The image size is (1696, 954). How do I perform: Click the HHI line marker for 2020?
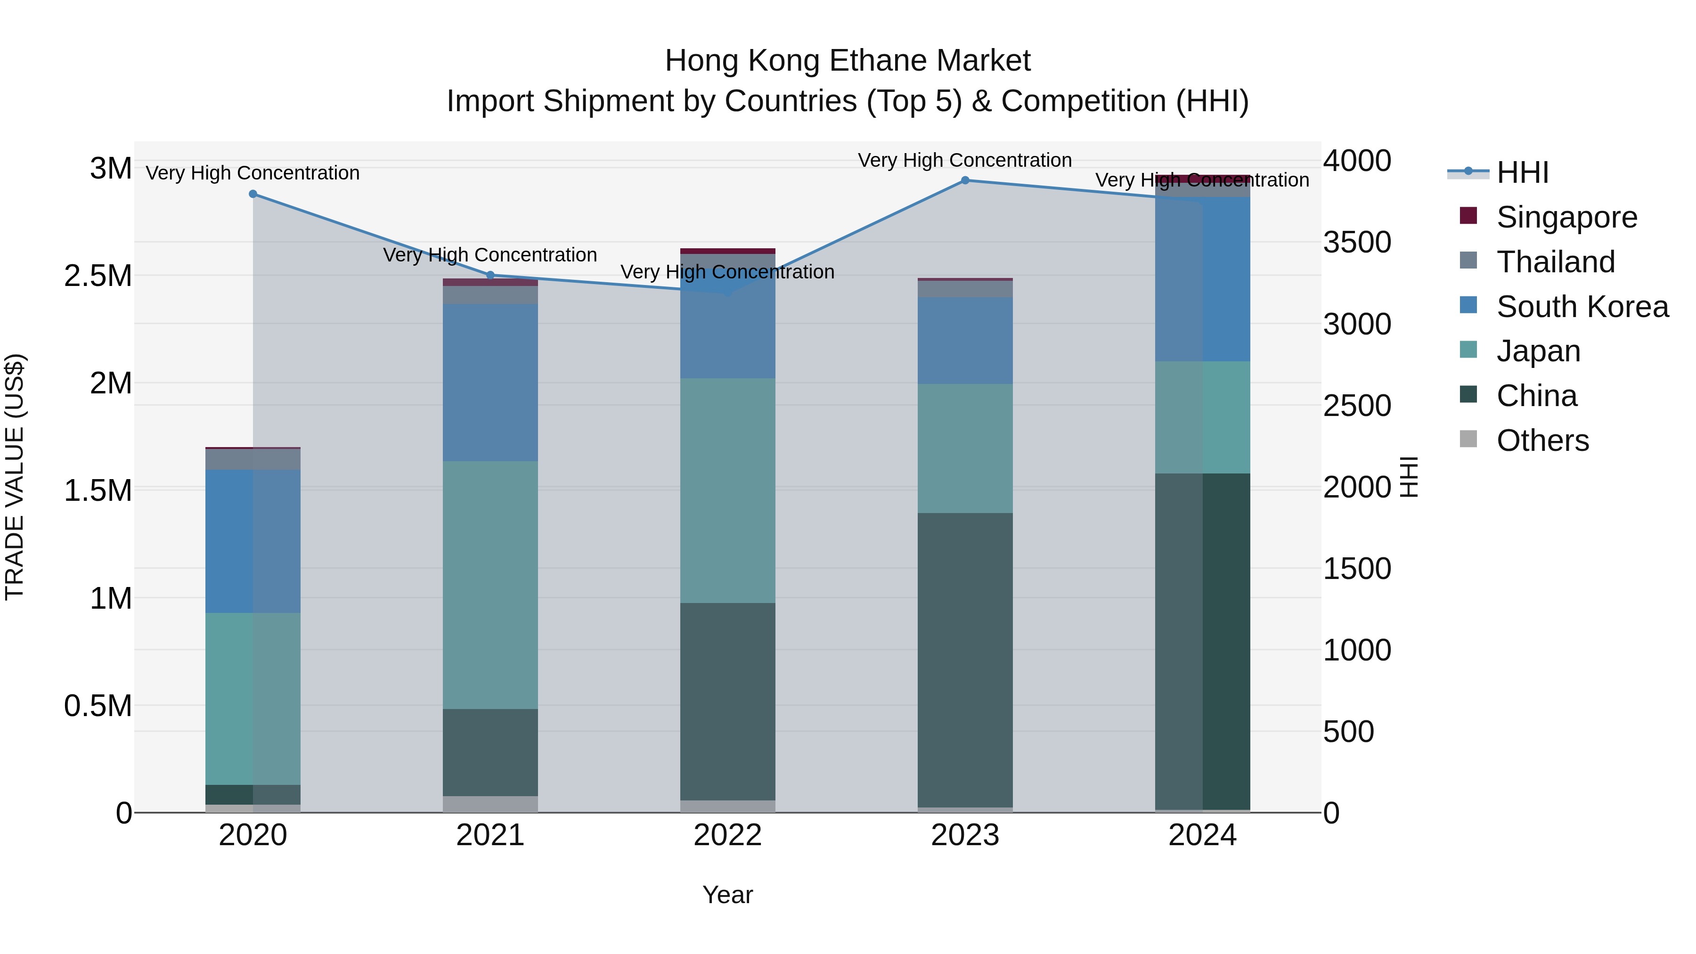[253, 194]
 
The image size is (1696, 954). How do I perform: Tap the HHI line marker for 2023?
[965, 180]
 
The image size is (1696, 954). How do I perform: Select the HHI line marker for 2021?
[490, 275]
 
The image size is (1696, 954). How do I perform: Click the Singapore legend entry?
[1566, 217]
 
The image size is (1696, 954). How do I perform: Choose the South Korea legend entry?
[1582, 307]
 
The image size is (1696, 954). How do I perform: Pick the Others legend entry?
[1542, 440]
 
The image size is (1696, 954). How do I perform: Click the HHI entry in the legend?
[1522, 172]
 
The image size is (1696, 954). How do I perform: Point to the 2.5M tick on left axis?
[98, 276]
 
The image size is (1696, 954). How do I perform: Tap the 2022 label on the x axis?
[727, 835]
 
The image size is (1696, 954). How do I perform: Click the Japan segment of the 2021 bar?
[490, 585]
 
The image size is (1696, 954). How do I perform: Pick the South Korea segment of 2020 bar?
[253, 541]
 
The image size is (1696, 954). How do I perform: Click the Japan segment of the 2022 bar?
[727, 490]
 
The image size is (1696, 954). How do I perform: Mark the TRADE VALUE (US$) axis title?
[15, 477]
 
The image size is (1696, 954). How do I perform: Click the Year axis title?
[727, 895]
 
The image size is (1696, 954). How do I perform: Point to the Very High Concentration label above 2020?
[253, 173]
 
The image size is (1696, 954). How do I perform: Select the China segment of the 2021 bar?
[490, 752]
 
